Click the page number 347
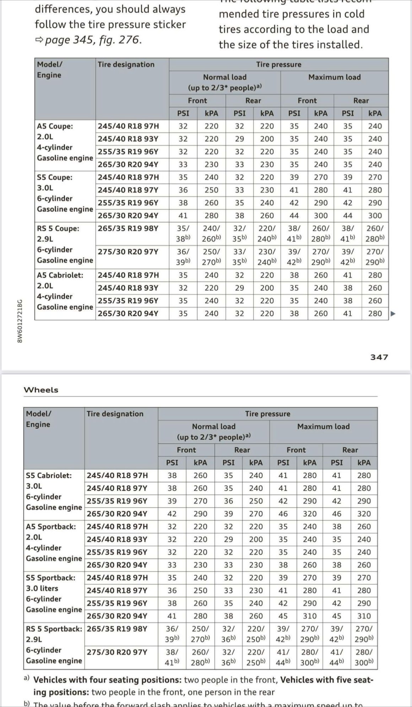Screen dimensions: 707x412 pyautogui.click(x=379, y=357)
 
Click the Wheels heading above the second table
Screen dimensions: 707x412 pyautogui.click(x=41, y=390)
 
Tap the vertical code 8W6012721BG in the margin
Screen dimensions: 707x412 pyautogui.click(x=20, y=321)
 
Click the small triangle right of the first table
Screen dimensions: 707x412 pyautogui.click(x=393, y=314)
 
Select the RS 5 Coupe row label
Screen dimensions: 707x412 pyautogui.click(x=58, y=228)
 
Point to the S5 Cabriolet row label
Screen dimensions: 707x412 pyautogui.click(x=49, y=475)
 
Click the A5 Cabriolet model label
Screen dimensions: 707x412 pyautogui.click(x=60, y=275)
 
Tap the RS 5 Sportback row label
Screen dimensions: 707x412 pyautogui.click(x=54, y=629)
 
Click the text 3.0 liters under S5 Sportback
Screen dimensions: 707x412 pyautogui.click(x=42, y=588)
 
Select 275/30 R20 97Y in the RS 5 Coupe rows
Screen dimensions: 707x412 pyautogui.click(x=128, y=252)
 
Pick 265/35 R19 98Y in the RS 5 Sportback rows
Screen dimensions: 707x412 pyautogui.click(x=117, y=629)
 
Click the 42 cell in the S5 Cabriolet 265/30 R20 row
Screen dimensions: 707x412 pyautogui.click(x=172, y=514)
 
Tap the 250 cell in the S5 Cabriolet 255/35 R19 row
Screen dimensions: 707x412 pyautogui.click(x=256, y=501)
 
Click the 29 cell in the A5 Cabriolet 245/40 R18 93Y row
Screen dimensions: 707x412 pyautogui.click(x=239, y=288)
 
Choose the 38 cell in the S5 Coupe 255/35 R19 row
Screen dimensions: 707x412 pyautogui.click(x=183, y=203)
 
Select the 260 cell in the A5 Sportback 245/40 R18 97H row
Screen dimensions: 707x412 pyautogui.click(x=364, y=526)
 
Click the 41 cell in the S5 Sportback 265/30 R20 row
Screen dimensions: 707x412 pyautogui.click(x=172, y=616)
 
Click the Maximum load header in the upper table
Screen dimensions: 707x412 pyautogui.click(x=334, y=77)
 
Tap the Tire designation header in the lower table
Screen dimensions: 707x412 pyautogui.click(x=115, y=414)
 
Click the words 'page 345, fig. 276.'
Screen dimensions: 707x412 pyautogui.click(x=93, y=40)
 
